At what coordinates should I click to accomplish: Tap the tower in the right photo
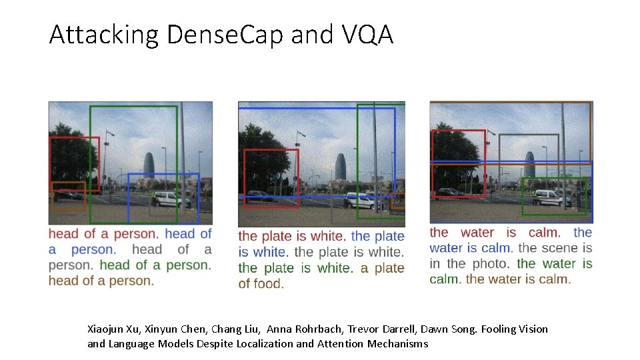coord(529,164)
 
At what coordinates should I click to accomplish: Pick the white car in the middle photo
coord(359,200)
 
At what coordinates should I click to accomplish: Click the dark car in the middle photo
coord(258,195)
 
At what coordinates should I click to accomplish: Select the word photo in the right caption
coord(489,263)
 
